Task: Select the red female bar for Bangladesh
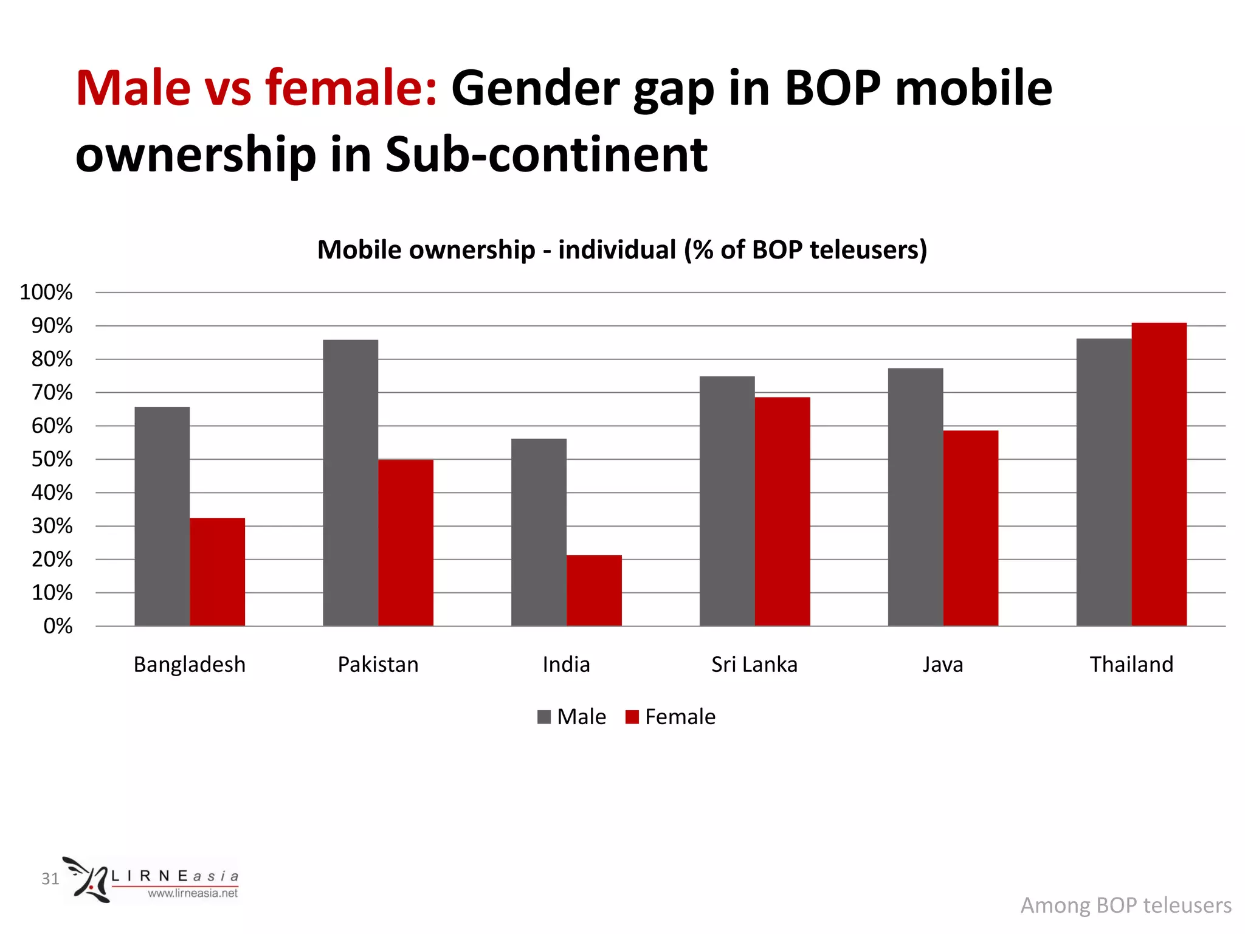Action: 217,572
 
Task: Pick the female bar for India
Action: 594,590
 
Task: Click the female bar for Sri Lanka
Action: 782,511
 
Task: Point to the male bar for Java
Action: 916,496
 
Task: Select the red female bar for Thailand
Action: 1159,474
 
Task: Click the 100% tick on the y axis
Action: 46,292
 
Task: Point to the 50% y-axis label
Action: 52,459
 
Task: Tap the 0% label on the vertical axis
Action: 58,626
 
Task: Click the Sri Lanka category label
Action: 754,664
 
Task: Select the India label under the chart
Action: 566,664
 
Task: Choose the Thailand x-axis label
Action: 1131,664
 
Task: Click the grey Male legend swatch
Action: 544,717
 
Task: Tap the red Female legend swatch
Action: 632,717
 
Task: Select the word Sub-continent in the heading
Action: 546,154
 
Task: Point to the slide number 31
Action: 50,879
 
